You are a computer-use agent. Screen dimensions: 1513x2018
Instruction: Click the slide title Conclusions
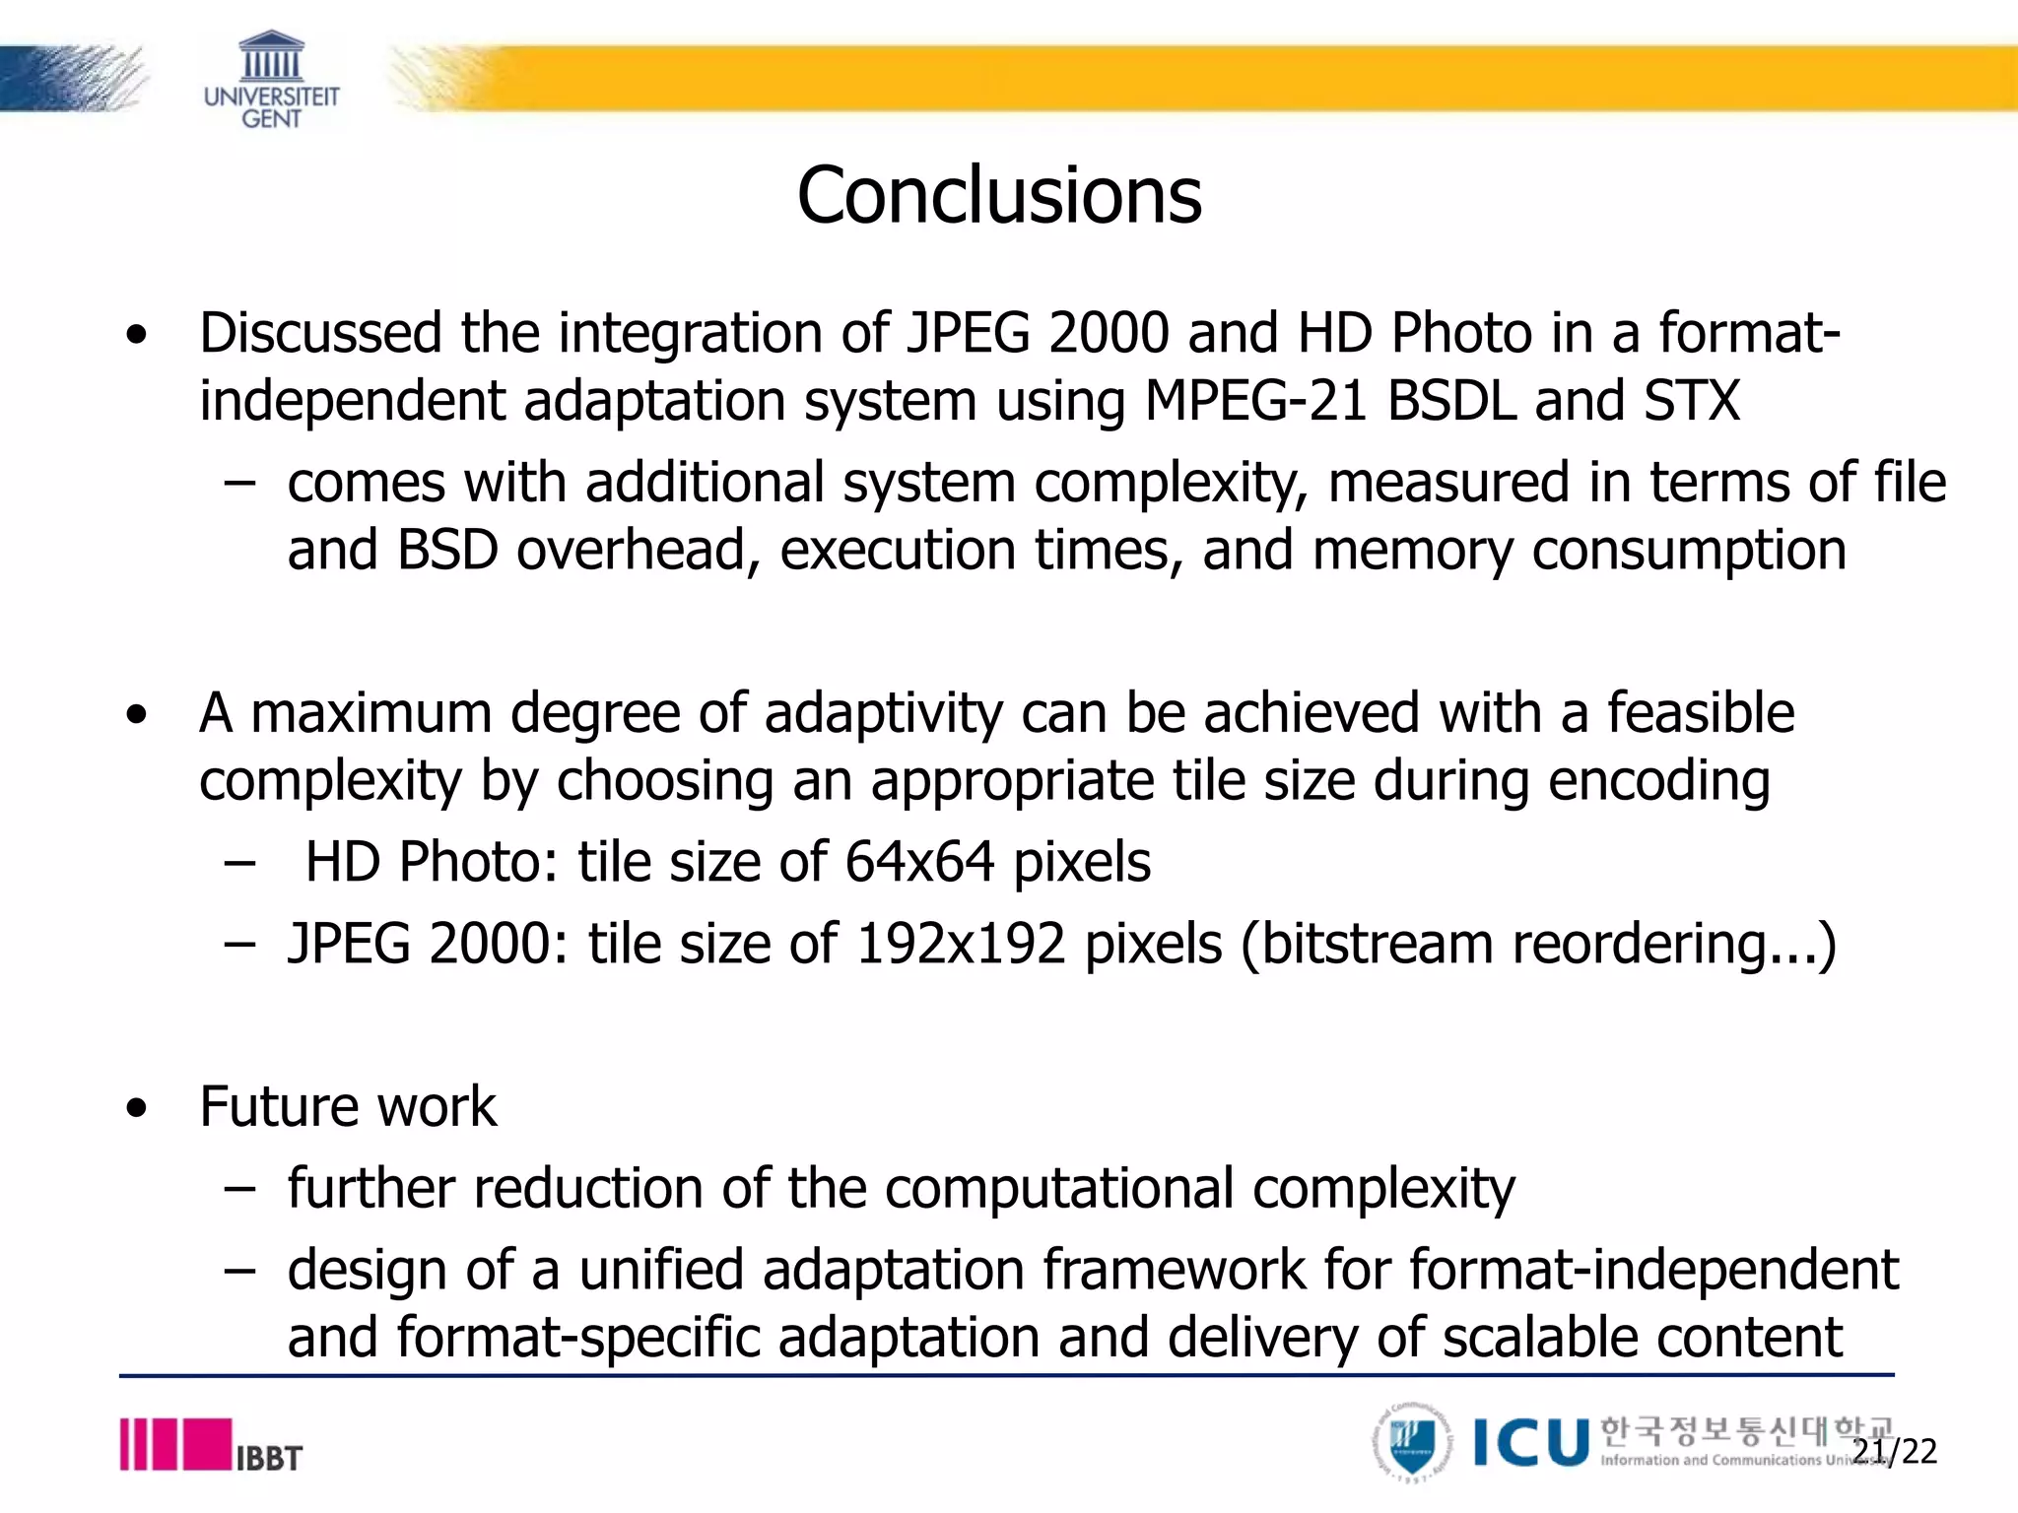pos(999,195)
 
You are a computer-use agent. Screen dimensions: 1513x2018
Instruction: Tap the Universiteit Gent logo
pos(271,81)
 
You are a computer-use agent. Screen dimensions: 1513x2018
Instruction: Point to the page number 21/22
pos(1894,1451)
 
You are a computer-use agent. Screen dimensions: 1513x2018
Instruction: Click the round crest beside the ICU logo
pos(1413,1443)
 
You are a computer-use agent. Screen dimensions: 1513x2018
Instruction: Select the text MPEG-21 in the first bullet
pos(1256,401)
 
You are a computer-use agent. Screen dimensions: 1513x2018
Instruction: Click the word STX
pos(1691,401)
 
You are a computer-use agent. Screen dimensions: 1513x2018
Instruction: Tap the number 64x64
pos(919,862)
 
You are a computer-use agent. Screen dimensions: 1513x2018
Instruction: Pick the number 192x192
pos(961,944)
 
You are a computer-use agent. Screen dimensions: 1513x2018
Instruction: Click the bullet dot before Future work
pos(137,1108)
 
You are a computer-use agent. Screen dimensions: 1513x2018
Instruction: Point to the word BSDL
pos(1451,401)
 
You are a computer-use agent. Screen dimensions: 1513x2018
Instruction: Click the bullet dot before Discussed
pos(137,334)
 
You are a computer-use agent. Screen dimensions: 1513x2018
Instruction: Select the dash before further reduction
pos(239,1189)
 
